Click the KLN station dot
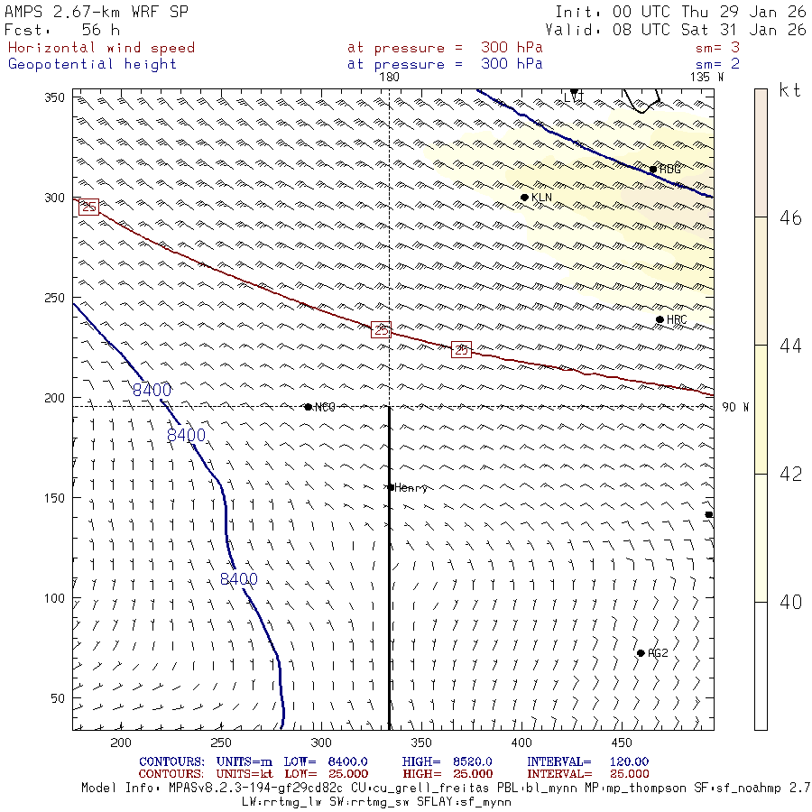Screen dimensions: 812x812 [524, 198]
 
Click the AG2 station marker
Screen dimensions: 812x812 [641, 653]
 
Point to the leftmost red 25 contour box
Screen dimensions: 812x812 [88, 208]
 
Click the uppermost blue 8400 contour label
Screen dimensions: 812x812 [152, 391]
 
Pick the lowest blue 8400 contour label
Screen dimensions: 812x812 [239, 579]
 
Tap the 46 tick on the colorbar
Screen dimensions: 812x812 [790, 217]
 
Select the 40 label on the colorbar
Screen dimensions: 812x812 [790, 603]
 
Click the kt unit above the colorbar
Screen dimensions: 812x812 [790, 90]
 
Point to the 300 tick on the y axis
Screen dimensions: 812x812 [57, 198]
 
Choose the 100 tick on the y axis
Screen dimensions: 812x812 [57, 598]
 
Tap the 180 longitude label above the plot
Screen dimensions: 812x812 [389, 78]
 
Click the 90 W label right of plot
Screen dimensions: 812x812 [735, 407]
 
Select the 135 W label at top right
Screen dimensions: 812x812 [706, 78]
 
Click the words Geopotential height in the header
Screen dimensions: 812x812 [93, 64]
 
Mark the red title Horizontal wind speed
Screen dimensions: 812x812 [101, 48]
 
